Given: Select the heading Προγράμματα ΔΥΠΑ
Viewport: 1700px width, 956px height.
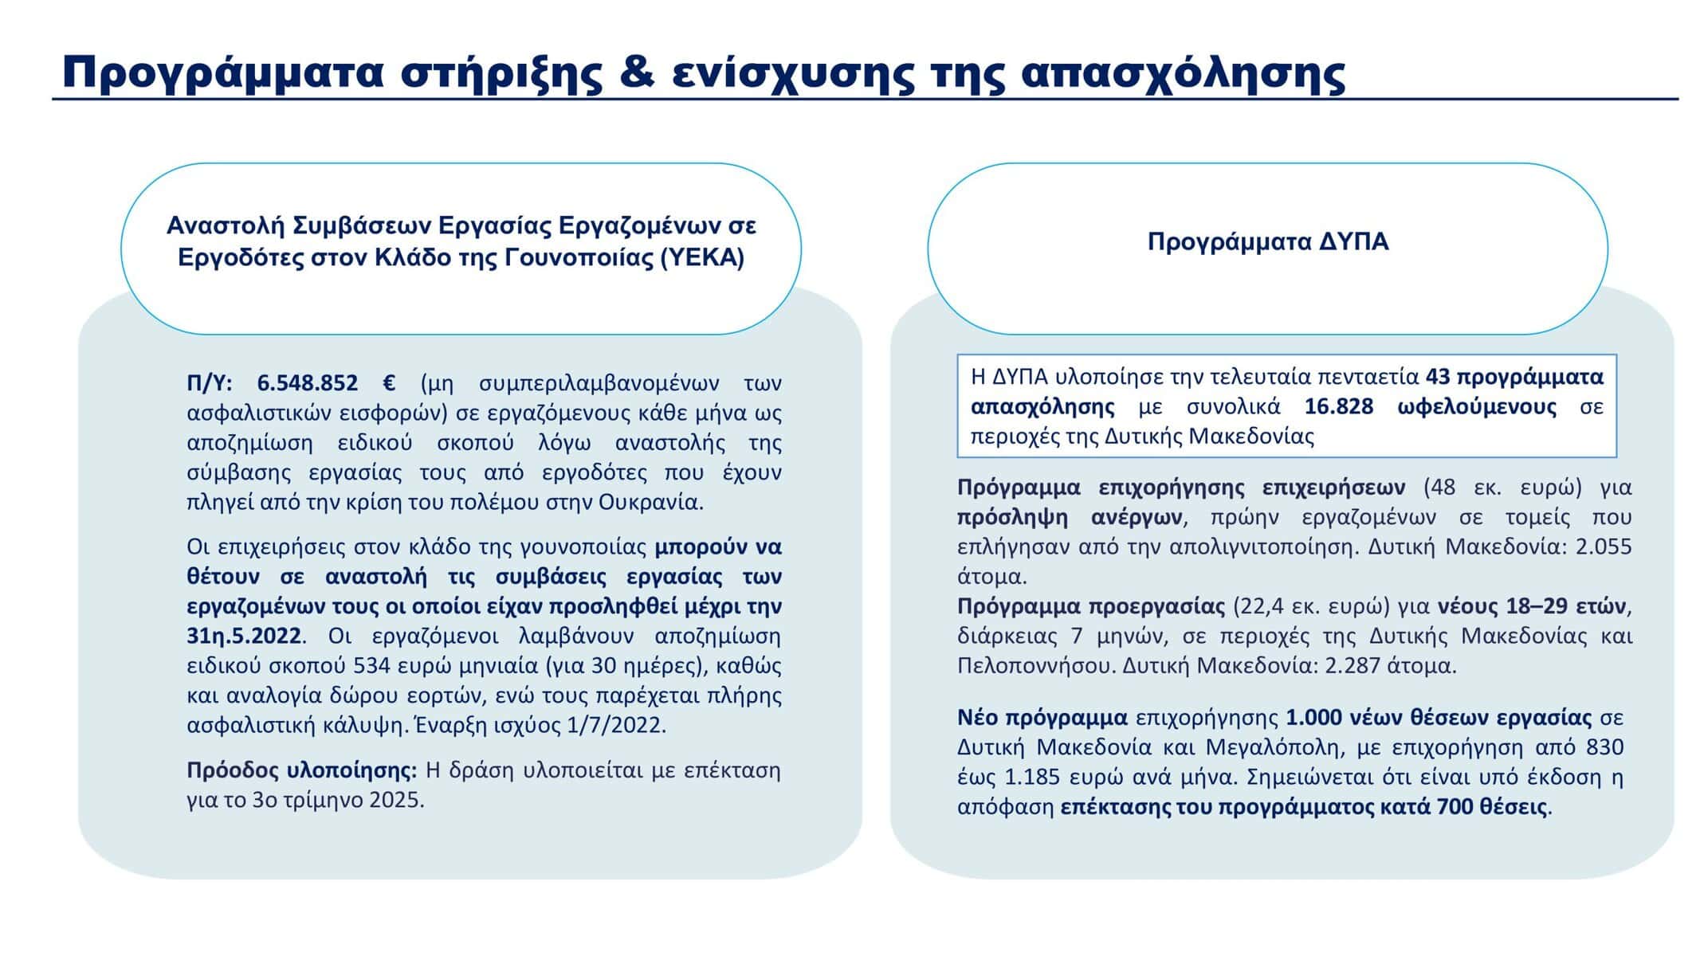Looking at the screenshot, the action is click(1268, 241).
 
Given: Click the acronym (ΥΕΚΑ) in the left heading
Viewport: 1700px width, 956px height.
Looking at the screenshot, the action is click(703, 259).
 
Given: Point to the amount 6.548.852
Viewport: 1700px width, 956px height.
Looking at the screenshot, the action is click(307, 383).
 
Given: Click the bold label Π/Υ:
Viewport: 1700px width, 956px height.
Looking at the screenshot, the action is click(210, 383).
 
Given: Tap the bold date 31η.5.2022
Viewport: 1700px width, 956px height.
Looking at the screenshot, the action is click(245, 636).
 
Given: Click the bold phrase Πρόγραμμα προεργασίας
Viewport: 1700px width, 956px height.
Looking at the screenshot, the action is click(1091, 607).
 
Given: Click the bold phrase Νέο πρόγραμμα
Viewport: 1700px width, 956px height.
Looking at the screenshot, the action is click(1042, 718).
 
